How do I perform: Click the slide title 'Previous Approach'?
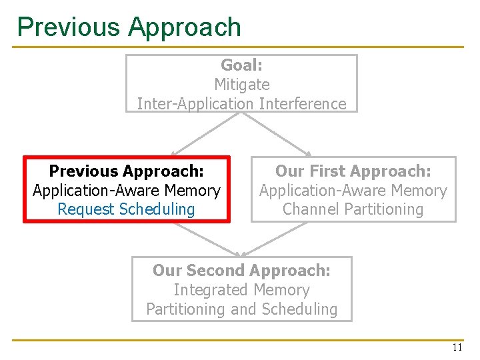129,27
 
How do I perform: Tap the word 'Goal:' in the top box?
241,65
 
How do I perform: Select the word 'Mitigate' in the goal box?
241,85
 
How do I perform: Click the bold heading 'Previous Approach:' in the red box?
127,171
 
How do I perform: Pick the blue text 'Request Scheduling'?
127,209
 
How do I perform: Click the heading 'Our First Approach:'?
353,171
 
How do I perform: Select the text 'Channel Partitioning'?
353,209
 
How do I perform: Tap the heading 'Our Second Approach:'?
241,271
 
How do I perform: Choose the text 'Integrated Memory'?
241,290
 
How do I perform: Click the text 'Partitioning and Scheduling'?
241,309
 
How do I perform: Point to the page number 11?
457,347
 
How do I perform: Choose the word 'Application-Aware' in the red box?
90,191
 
